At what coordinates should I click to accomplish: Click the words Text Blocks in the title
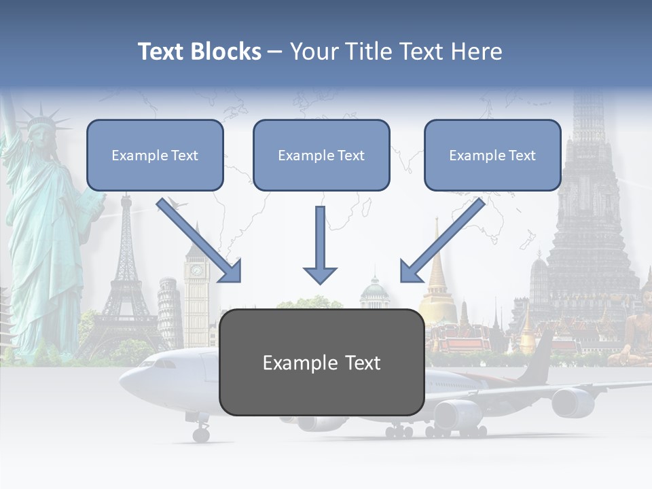point(199,52)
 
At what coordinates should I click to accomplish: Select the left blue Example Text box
point(155,155)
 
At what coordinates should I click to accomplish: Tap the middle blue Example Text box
point(321,155)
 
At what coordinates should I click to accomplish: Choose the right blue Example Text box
point(492,155)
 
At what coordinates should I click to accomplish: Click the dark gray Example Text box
point(321,362)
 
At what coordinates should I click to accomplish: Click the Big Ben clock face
point(196,270)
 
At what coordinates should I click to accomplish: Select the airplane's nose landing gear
point(200,433)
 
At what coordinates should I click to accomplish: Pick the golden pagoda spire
point(435,272)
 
